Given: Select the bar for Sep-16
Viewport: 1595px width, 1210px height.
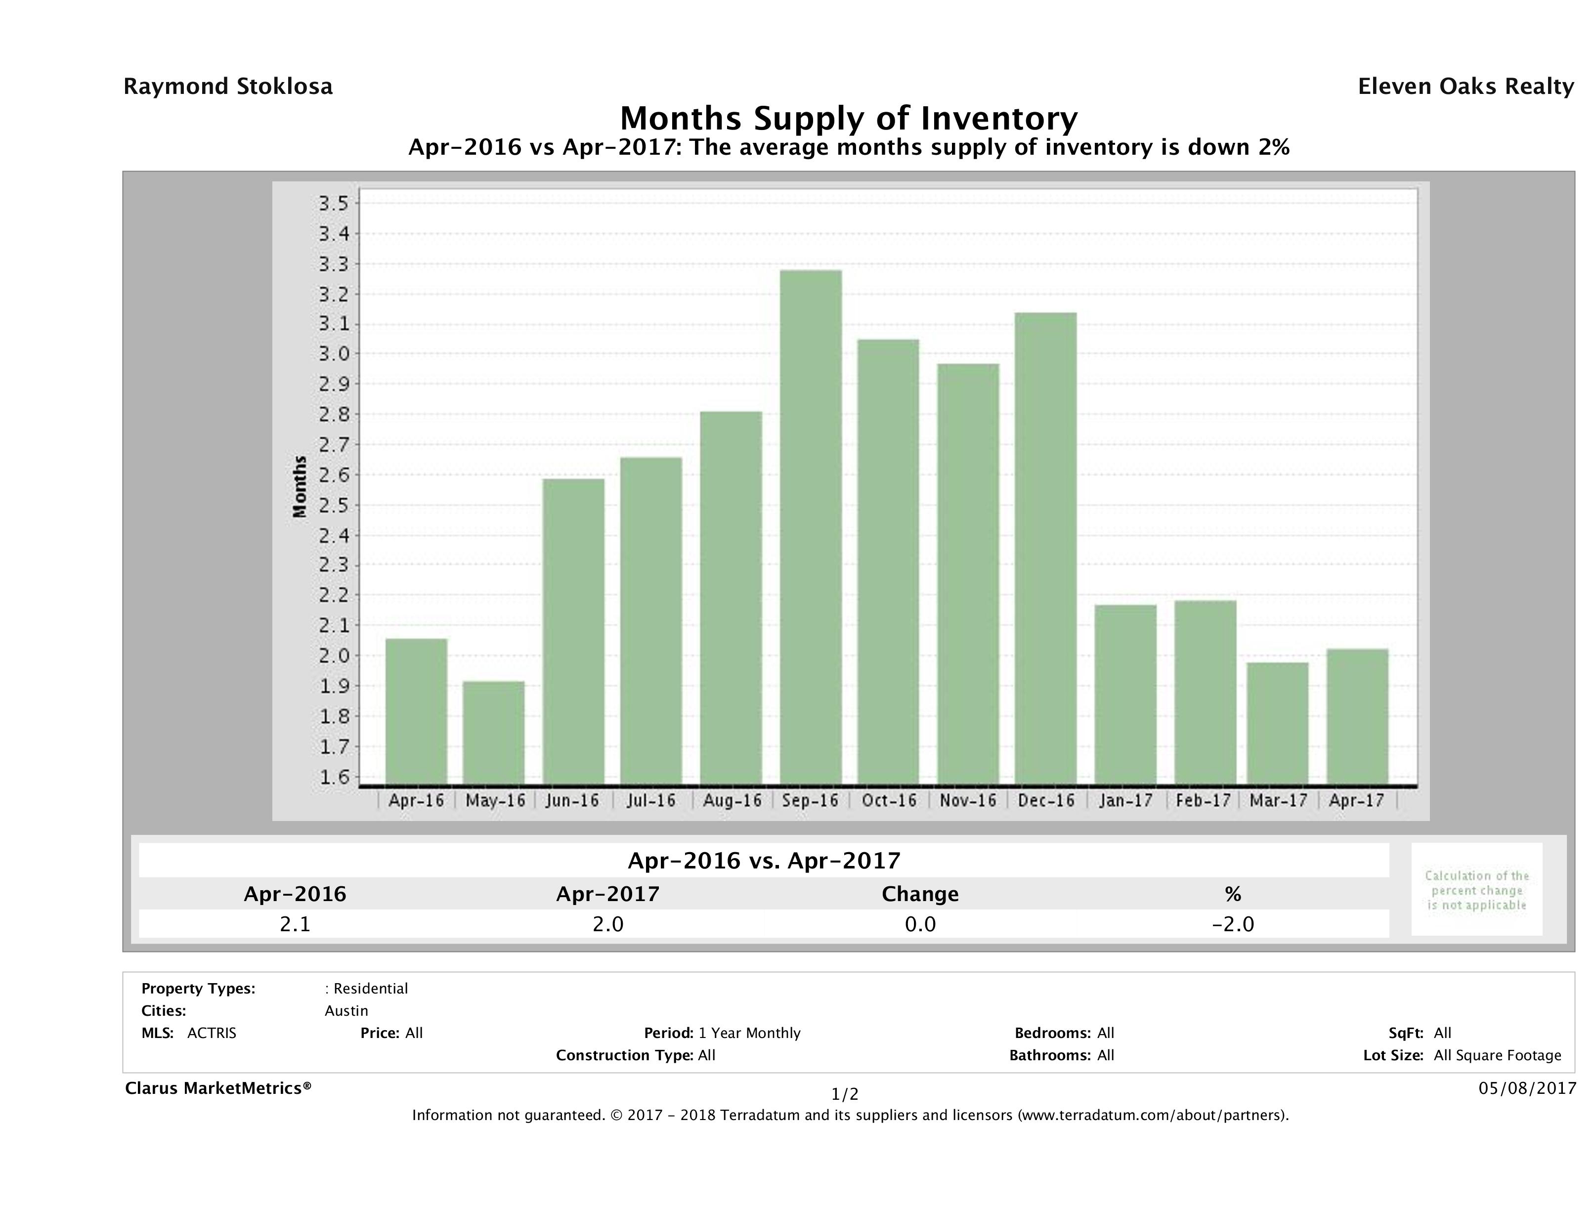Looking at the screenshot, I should coord(811,527).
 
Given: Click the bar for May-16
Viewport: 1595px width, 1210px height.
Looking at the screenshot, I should coord(494,733).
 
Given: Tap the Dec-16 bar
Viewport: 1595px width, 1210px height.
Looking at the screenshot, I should coord(1045,548).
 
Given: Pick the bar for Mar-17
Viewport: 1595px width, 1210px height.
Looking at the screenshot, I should coord(1278,723).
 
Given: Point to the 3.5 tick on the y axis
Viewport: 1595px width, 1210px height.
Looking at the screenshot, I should coord(333,203).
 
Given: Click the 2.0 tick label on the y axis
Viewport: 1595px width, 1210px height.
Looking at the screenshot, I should coord(333,655).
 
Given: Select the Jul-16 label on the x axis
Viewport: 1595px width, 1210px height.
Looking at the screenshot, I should coord(651,800).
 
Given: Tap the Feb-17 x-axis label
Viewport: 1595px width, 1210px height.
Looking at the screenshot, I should coord(1203,800).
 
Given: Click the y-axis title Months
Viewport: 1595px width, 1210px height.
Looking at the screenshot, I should coord(300,487).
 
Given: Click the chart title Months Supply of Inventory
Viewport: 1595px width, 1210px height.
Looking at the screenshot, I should coord(849,118).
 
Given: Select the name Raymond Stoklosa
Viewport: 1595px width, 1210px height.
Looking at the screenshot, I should coord(228,86).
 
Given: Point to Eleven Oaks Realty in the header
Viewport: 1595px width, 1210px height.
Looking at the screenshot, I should coord(1465,86).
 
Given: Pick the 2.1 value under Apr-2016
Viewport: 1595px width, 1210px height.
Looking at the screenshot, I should coord(295,924).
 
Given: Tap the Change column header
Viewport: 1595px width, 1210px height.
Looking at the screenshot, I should coord(920,894).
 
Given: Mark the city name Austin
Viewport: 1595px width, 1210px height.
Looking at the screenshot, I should coord(346,1011).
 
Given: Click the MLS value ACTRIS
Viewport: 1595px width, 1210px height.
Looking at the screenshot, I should coord(211,1034).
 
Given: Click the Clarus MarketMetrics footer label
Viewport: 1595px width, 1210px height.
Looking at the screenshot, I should coord(218,1088).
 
